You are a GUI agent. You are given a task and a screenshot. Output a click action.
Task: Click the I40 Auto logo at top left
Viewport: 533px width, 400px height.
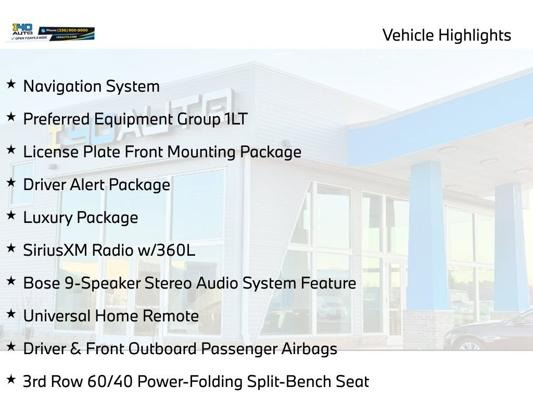point(22,32)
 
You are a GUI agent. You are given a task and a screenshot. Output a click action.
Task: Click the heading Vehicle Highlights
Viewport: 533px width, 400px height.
point(447,35)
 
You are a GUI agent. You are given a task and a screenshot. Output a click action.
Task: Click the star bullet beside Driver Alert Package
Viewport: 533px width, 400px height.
point(11,183)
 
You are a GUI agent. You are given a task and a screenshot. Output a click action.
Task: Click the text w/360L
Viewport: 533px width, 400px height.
point(166,251)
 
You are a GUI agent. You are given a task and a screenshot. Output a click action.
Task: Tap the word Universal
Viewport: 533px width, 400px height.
point(57,316)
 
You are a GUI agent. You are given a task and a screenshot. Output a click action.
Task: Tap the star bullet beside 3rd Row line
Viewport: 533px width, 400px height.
point(11,380)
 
